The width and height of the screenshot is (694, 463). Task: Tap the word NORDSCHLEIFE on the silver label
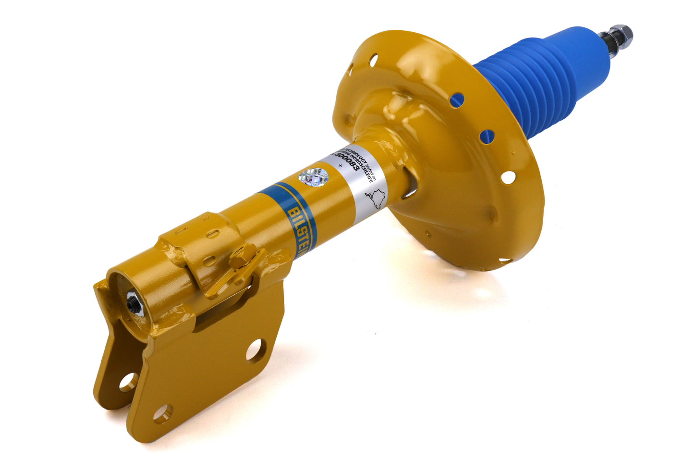click(365, 163)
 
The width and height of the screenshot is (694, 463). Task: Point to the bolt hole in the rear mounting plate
click(128, 382)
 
